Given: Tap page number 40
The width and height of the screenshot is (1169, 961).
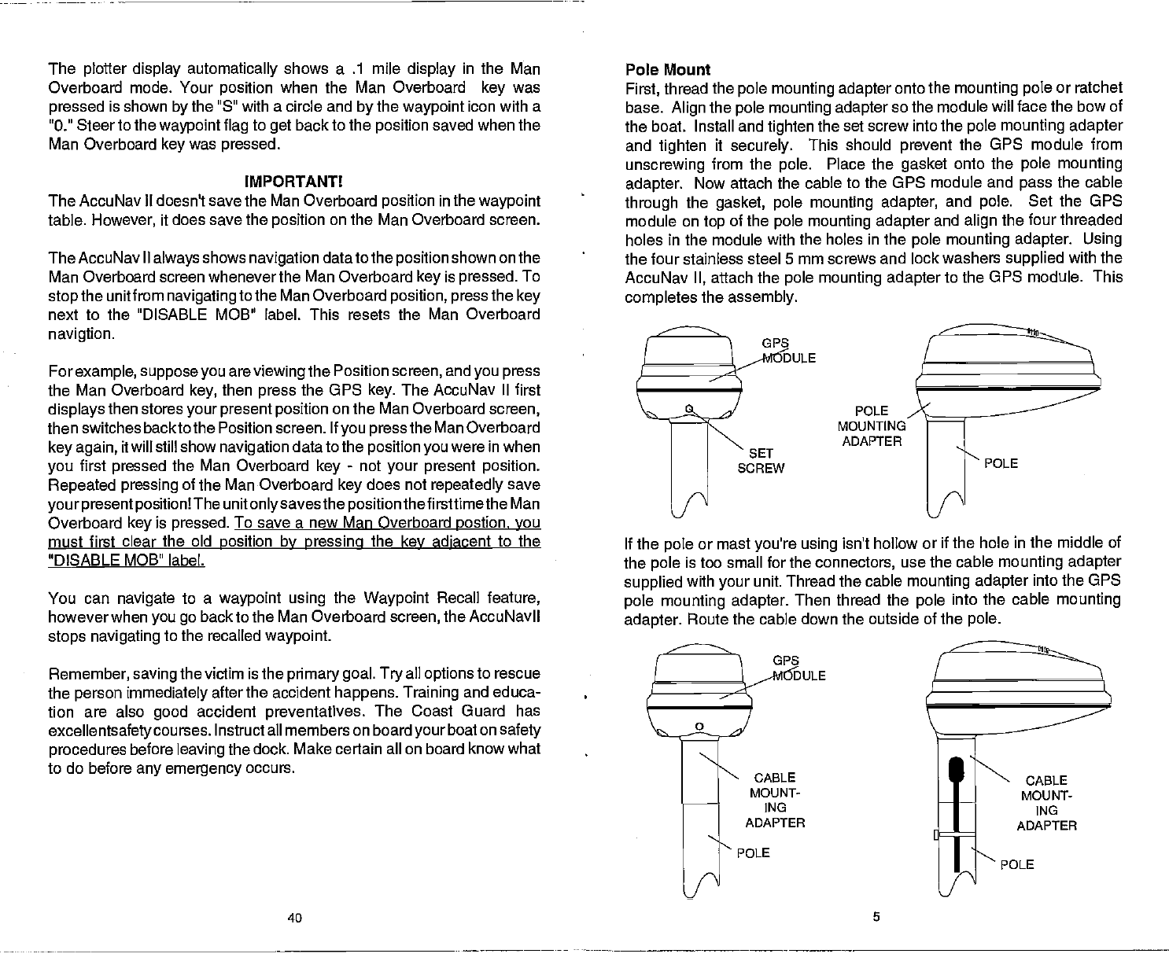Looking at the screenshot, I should (x=293, y=918).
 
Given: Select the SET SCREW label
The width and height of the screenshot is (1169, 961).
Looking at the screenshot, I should (x=761, y=461).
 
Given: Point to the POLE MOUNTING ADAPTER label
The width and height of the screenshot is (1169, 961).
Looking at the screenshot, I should (x=872, y=425).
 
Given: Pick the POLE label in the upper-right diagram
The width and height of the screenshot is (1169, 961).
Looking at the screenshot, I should (x=1001, y=464).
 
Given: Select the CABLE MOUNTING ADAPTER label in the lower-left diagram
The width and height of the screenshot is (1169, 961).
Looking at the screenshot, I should (x=775, y=800).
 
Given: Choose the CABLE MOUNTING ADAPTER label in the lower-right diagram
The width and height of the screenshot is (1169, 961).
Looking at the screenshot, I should (x=1046, y=803).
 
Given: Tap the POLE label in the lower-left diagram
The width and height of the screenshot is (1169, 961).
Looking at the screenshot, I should (x=754, y=853).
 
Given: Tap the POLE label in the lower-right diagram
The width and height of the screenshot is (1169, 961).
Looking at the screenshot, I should (x=1016, y=866).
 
